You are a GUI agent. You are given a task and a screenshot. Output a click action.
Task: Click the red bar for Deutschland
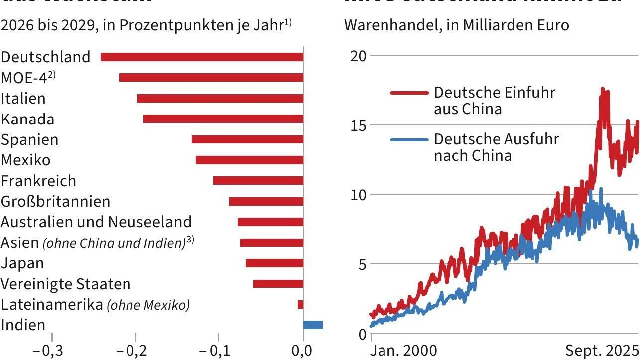(202, 57)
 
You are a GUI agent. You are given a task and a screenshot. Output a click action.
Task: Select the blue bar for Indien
(313, 325)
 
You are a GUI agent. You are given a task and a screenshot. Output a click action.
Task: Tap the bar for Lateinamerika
(300, 304)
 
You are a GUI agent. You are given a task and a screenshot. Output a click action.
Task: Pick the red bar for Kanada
(223, 119)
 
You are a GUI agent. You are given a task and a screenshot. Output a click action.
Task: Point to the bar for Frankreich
(258, 180)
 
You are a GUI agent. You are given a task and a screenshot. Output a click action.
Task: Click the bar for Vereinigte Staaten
(278, 284)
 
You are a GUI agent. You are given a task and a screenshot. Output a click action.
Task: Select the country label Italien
(23, 98)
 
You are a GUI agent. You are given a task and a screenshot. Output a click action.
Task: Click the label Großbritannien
(56, 201)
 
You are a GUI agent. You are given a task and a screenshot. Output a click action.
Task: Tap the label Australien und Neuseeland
(96, 222)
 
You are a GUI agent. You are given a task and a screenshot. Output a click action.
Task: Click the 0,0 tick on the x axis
(303, 351)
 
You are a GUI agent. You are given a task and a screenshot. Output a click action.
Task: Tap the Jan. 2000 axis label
(403, 351)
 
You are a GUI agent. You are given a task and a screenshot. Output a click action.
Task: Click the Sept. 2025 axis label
(602, 351)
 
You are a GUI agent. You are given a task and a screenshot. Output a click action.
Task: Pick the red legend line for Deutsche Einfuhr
(409, 93)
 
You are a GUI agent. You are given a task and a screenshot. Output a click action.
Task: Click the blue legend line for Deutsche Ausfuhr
(409, 140)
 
